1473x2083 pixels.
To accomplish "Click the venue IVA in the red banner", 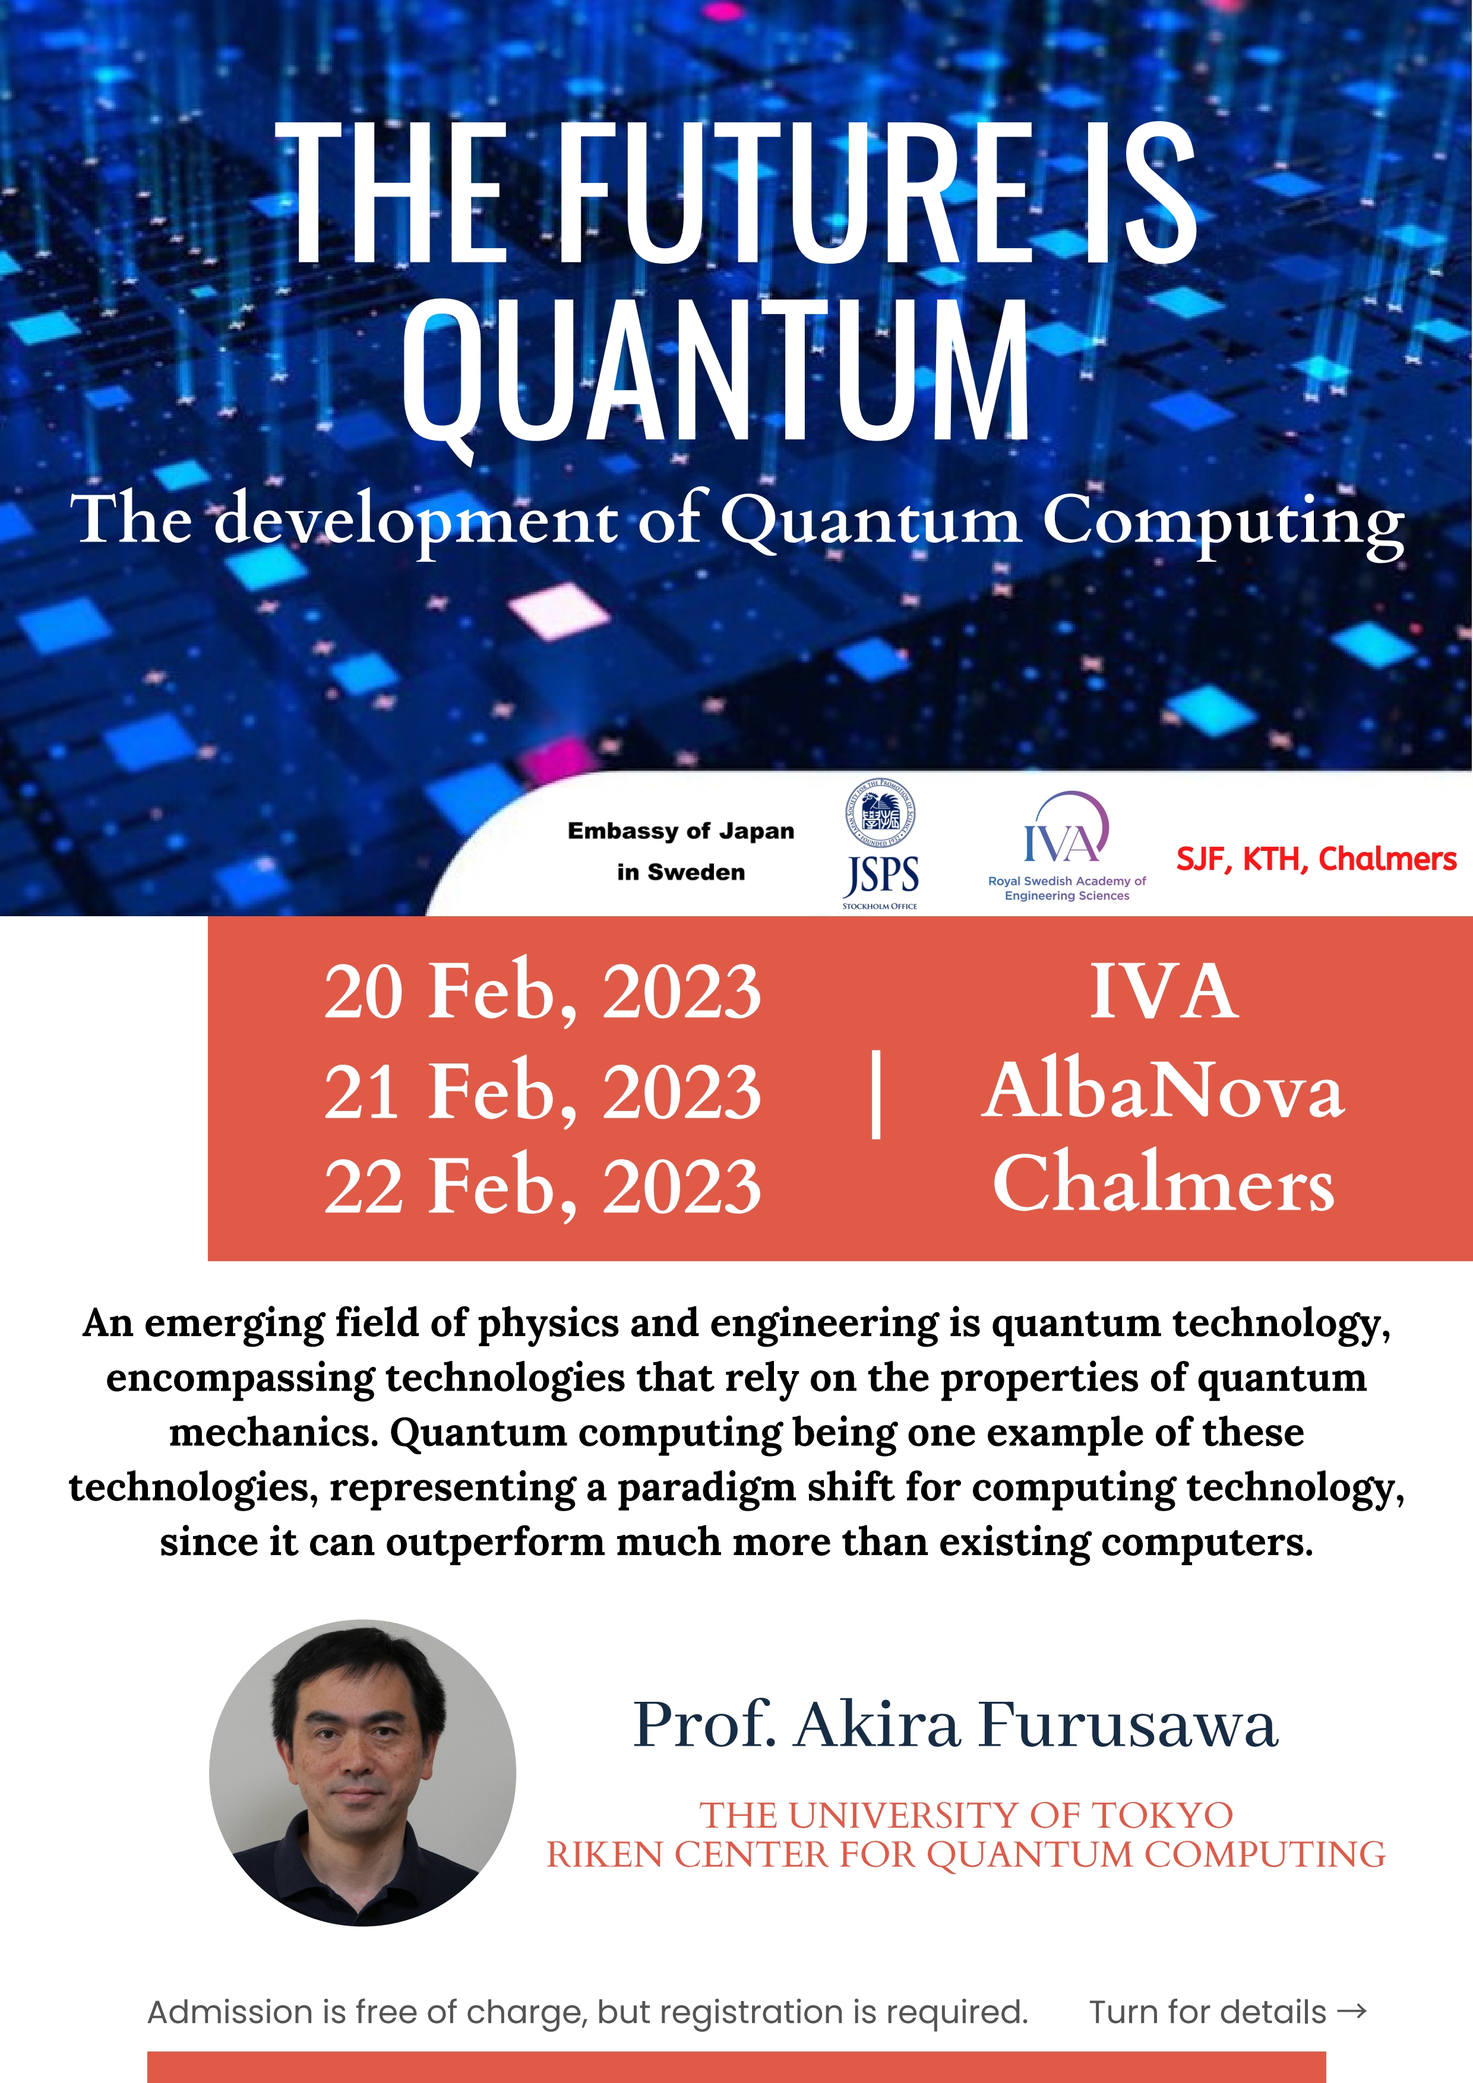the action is [x=1164, y=992].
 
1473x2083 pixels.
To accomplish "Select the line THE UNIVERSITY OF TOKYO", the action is [x=966, y=1815].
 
